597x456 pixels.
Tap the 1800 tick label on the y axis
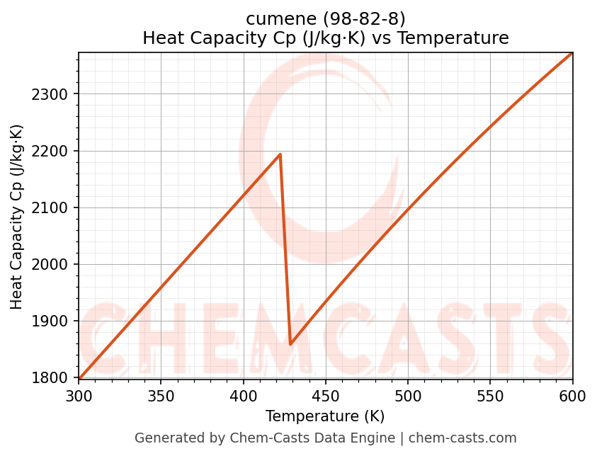click(x=52, y=378)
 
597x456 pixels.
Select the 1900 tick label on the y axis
click(x=52, y=321)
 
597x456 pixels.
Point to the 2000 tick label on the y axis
click(x=52, y=265)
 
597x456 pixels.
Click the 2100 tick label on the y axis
click(x=52, y=208)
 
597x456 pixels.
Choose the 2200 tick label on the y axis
click(x=52, y=152)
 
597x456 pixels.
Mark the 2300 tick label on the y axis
click(x=52, y=95)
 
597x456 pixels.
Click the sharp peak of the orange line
click(x=280, y=154)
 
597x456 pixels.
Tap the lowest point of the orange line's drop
click(x=290, y=344)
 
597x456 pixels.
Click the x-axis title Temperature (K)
click(x=325, y=416)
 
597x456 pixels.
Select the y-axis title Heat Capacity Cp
click(x=17, y=217)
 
